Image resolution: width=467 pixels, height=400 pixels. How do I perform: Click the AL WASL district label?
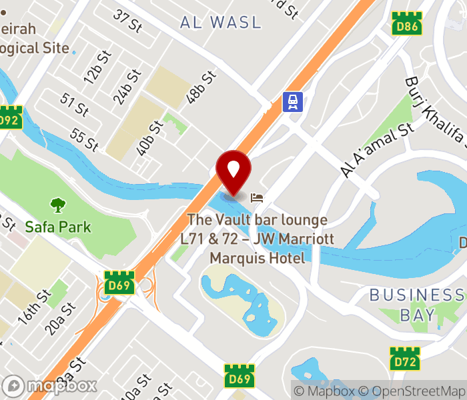click(221, 22)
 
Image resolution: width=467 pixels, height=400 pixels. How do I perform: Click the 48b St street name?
click(202, 87)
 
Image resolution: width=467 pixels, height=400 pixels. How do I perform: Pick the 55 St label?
click(84, 139)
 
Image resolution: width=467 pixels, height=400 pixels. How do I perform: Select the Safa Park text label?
click(58, 227)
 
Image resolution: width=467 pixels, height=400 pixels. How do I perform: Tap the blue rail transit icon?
click(292, 102)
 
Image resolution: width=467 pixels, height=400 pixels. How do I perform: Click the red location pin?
click(234, 171)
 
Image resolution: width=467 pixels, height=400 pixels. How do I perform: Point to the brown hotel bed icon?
click(257, 197)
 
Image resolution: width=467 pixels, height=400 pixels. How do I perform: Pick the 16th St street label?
click(35, 307)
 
